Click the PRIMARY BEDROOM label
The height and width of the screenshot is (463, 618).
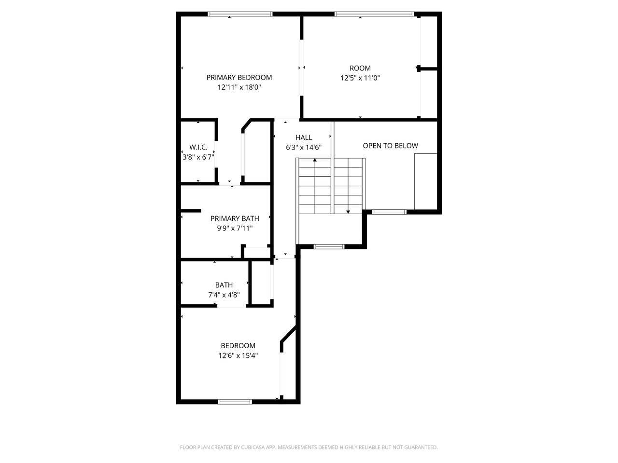(x=239, y=77)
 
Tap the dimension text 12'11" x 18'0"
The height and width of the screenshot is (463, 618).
(x=239, y=87)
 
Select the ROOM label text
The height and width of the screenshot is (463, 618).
(x=360, y=68)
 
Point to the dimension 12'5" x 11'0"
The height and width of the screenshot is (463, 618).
(x=360, y=78)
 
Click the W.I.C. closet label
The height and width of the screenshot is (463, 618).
(x=198, y=147)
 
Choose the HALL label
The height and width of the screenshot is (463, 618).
(x=304, y=137)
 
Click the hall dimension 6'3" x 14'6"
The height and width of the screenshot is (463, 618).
(x=304, y=147)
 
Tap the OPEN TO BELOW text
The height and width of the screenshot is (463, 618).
(x=390, y=146)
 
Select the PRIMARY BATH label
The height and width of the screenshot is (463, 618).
(x=235, y=218)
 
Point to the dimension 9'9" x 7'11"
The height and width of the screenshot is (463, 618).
(x=235, y=228)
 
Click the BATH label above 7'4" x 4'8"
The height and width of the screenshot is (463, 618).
(x=224, y=285)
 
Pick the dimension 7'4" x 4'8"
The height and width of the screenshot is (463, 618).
(x=224, y=295)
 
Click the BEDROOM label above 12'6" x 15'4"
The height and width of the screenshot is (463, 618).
(x=238, y=345)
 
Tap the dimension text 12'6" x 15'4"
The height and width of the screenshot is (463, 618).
(x=238, y=355)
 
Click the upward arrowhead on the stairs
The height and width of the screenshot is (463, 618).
(x=315, y=160)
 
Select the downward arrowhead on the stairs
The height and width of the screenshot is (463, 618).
(x=348, y=212)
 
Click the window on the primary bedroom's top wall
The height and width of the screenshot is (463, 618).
(x=240, y=14)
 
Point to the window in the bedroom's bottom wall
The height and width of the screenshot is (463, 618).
(x=235, y=402)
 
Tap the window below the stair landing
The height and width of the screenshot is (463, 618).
(x=329, y=246)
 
